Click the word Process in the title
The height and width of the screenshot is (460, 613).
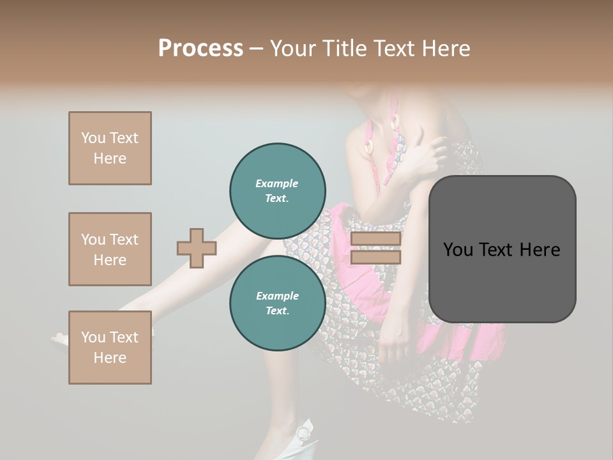[x=201, y=49]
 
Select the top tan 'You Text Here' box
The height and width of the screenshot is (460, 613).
[x=110, y=148]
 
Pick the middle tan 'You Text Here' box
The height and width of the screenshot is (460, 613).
[x=110, y=249]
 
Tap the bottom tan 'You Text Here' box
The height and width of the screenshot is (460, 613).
[x=110, y=348]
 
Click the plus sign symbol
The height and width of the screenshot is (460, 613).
[x=197, y=248]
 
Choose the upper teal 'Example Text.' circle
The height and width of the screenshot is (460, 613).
[x=278, y=191]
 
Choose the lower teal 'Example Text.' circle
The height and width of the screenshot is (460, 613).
[x=278, y=303]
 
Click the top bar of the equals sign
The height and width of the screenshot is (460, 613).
[x=375, y=239]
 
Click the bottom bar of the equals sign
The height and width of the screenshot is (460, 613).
[x=375, y=257]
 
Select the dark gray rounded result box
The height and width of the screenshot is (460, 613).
[x=502, y=281]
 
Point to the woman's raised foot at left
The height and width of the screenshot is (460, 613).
[x=64, y=339]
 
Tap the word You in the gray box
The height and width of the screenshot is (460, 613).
[x=458, y=250]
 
